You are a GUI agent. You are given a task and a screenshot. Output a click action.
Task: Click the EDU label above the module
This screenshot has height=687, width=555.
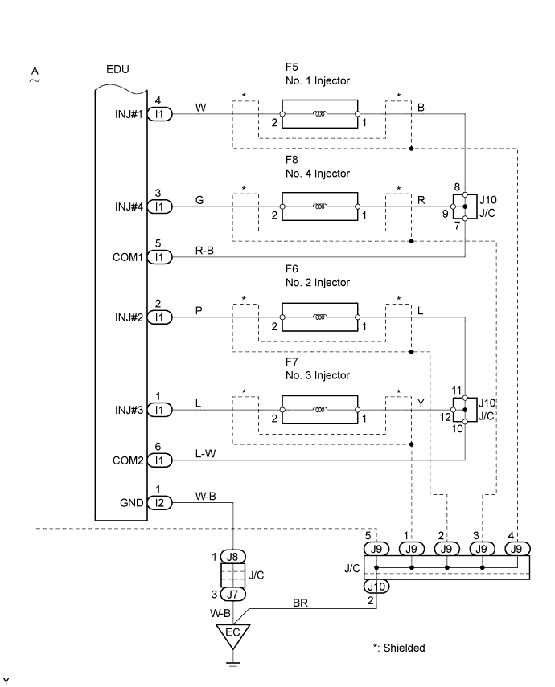click(x=118, y=71)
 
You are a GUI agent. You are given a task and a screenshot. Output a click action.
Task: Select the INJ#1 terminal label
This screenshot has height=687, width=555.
click(x=128, y=114)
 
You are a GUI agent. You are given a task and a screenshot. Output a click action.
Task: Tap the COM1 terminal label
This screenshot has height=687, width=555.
click(x=129, y=257)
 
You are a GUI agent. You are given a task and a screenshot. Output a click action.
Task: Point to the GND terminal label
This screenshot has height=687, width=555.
click(x=132, y=504)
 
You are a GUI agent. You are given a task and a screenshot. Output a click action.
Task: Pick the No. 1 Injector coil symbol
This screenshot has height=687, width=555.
click(x=320, y=114)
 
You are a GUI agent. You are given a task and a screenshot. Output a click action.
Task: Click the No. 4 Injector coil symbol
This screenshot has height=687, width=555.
click(x=320, y=207)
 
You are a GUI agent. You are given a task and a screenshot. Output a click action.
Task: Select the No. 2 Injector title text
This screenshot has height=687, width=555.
click(x=322, y=283)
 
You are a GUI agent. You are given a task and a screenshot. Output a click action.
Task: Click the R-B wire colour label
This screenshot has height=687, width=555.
click(x=204, y=251)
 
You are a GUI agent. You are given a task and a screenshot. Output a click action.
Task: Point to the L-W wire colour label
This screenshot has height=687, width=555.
click(x=205, y=454)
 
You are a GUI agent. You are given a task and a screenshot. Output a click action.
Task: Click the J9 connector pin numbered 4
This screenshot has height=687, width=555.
click(x=517, y=548)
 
